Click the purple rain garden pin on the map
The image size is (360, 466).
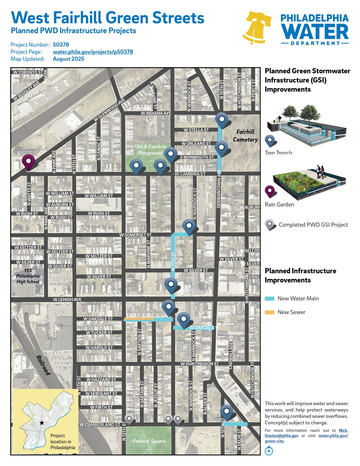[x=28, y=161]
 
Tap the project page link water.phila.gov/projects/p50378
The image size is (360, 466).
[x=93, y=52]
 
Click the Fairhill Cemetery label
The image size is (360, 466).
[x=245, y=136]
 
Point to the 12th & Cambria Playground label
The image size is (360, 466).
[x=150, y=149]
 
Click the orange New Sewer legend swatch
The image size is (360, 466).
[x=269, y=312]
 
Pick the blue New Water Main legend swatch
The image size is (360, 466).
[x=269, y=299]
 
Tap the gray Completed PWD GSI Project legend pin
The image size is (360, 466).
[x=270, y=224]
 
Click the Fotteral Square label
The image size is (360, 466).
[x=149, y=441]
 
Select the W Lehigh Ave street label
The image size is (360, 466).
[x=67, y=299]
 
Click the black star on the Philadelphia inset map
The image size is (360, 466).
[x=42, y=423]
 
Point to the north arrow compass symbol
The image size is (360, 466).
[x=269, y=450]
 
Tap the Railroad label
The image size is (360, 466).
[x=43, y=365]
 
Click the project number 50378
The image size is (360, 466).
[x=61, y=45]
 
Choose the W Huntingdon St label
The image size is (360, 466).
[x=199, y=363]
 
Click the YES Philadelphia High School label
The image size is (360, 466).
[x=28, y=276]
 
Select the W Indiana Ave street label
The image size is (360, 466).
[x=156, y=113]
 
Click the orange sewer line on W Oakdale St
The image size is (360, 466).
[x=139, y=319]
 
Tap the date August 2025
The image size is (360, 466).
[x=68, y=59]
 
